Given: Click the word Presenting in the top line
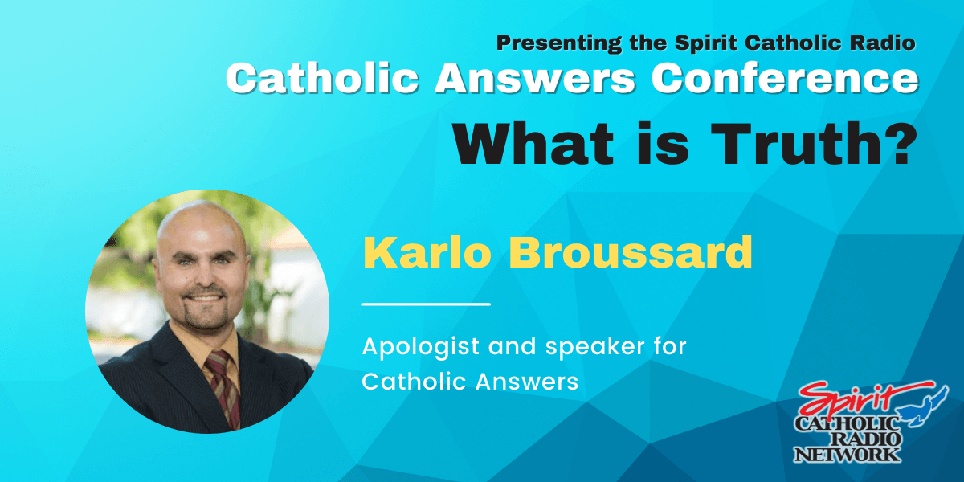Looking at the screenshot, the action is (x=559, y=43).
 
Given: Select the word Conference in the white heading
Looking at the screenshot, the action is (x=785, y=78).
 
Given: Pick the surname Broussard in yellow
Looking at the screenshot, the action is (x=631, y=252).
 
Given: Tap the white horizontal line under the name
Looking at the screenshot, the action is (x=426, y=304).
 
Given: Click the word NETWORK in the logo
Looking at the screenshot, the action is (x=847, y=455).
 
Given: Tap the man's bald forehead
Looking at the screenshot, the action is (x=200, y=228).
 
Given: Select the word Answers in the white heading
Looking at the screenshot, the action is (x=535, y=78).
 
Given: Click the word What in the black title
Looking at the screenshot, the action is (x=533, y=143).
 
